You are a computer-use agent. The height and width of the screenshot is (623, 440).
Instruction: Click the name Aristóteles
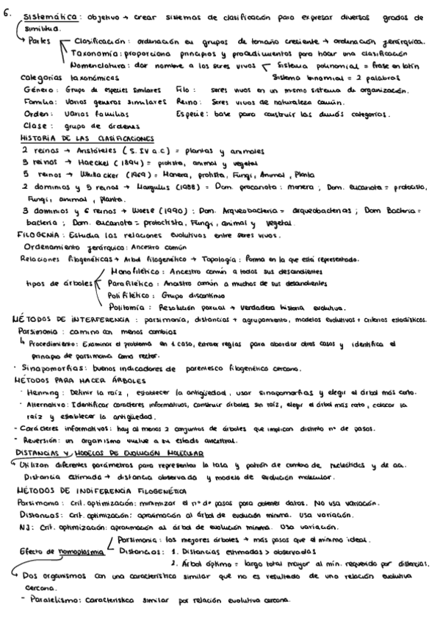(78, 149)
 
